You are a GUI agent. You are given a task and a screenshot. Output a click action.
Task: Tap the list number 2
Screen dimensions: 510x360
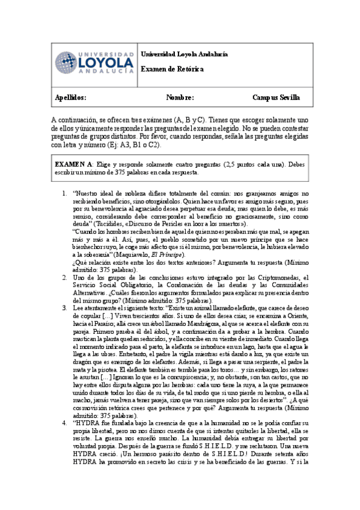[64, 277]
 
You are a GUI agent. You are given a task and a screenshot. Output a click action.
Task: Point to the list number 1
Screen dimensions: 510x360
[64, 193]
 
